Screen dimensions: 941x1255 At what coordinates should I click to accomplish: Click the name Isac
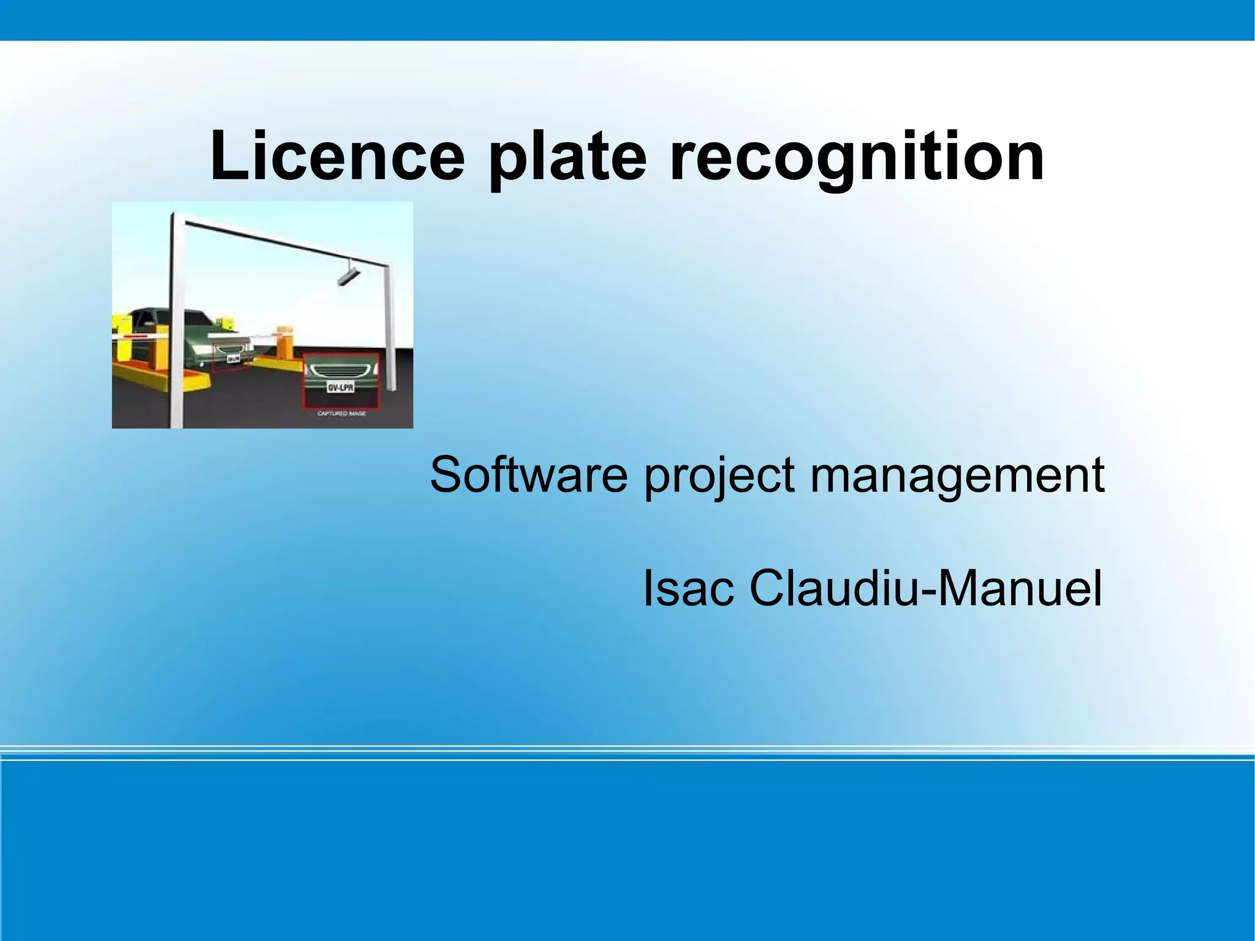(688, 589)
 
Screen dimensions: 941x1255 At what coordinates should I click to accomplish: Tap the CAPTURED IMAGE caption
(341, 414)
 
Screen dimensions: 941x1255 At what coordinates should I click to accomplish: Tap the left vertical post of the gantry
(175, 319)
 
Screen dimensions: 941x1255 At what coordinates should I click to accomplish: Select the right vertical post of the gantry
(389, 325)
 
